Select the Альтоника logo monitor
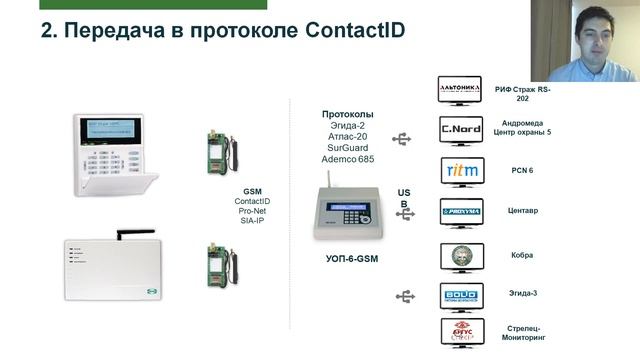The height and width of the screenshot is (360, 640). pyautogui.click(x=461, y=93)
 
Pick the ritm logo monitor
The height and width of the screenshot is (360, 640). pyautogui.click(x=461, y=171)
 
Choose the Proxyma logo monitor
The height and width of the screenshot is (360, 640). pyautogui.click(x=461, y=211)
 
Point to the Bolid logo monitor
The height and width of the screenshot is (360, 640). pyautogui.click(x=461, y=296)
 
